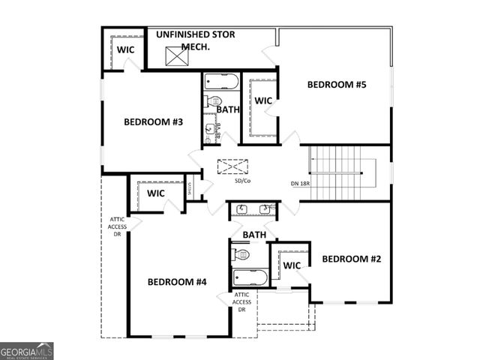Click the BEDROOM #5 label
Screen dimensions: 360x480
[337, 85]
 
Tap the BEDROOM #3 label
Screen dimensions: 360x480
[154, 122]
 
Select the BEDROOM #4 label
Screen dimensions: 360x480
[177, 282]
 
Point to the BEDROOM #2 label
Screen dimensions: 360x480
[352, 259]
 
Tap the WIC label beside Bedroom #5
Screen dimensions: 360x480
[262, 100]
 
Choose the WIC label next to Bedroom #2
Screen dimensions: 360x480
[292, 265]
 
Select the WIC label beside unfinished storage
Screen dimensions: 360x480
[125, 49]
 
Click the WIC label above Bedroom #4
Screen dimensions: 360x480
[156, 193]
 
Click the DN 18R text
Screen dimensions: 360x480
[301, 184]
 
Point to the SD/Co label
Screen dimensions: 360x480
[242, 181]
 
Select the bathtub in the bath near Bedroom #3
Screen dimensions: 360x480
[220, 82]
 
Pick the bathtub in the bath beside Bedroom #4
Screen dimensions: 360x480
[250, 278]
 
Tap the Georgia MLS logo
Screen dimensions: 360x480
[27, 351]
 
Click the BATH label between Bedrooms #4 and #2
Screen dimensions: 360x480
[254, 235]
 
